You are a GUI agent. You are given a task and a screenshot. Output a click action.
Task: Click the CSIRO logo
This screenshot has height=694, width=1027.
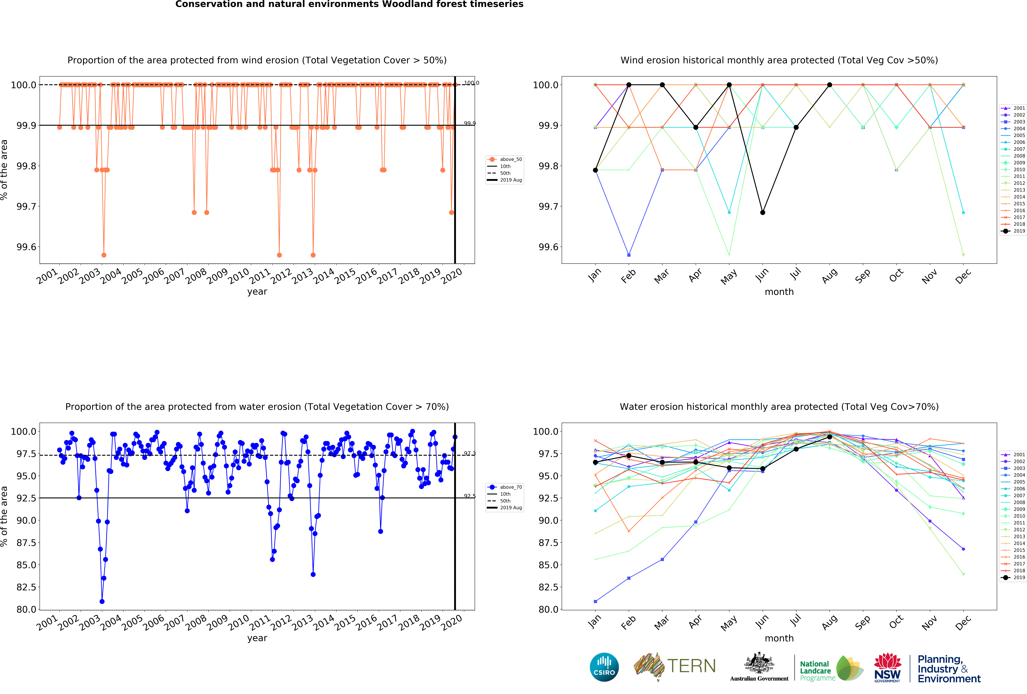tap(604, 667)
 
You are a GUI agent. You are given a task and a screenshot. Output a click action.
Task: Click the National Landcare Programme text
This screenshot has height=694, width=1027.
tap(817, 671)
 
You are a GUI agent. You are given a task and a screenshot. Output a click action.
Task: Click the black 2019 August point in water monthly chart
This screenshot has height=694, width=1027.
tap(829, 437)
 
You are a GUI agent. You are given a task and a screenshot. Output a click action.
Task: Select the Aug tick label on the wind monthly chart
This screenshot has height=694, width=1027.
tap(829, 275)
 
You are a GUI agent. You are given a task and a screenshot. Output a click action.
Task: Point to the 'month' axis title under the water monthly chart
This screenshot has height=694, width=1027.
tap(779, 638)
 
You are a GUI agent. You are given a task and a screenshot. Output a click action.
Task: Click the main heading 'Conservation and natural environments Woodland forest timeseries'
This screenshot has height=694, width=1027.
tap(349, 4)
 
